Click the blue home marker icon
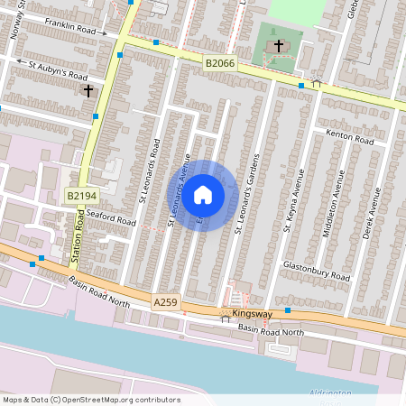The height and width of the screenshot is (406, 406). tap(203, 195)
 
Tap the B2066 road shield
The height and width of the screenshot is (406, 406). tap(218, 63)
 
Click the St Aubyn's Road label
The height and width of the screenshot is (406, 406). tap(57, 70)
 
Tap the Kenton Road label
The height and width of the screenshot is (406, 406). tap(351, 140)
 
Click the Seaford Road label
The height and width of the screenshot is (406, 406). tap(110, 217)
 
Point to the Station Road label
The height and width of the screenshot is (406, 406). tap(78, 242)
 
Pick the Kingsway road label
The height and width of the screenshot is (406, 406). tap(251, 314)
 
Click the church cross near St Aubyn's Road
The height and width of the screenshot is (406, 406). tap(88, 90)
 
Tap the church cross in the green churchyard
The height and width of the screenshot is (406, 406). tap(279, 45)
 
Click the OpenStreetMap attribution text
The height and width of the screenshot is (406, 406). tap(91, 400)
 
